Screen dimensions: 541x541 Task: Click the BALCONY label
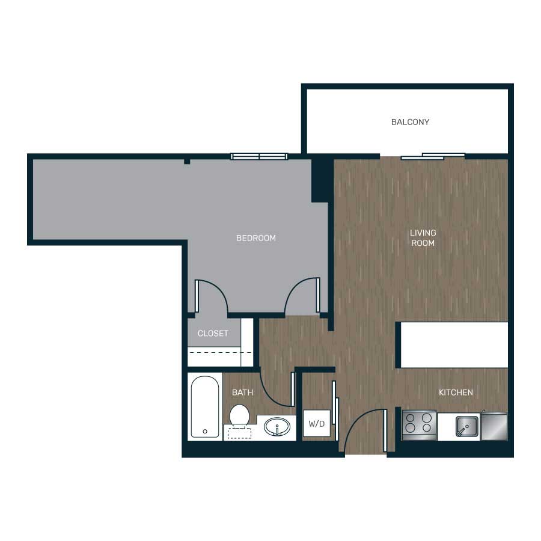[410, 122]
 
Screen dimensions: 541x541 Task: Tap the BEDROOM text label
[256, 238]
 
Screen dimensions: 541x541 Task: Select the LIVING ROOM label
[423, 237]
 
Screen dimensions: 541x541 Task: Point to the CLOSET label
[213, 333]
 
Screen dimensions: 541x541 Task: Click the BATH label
[243, 393]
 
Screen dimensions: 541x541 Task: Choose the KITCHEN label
[456, 393]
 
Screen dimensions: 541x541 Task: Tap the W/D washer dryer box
[317, 423]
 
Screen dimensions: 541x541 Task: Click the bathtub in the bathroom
[204, 406]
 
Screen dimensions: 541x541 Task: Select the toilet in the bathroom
[239, 418]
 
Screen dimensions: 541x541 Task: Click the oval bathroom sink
[277, 427]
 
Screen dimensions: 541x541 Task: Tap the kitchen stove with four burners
[419, 426]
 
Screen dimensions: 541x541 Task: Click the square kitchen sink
[467, 426]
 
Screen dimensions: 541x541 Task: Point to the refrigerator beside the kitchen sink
[494, 426]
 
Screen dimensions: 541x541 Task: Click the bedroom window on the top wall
[259, 157]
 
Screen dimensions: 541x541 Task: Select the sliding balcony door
[433, 156]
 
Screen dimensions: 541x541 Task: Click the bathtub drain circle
[205, 431]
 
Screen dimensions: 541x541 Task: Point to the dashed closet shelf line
[220, 353]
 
